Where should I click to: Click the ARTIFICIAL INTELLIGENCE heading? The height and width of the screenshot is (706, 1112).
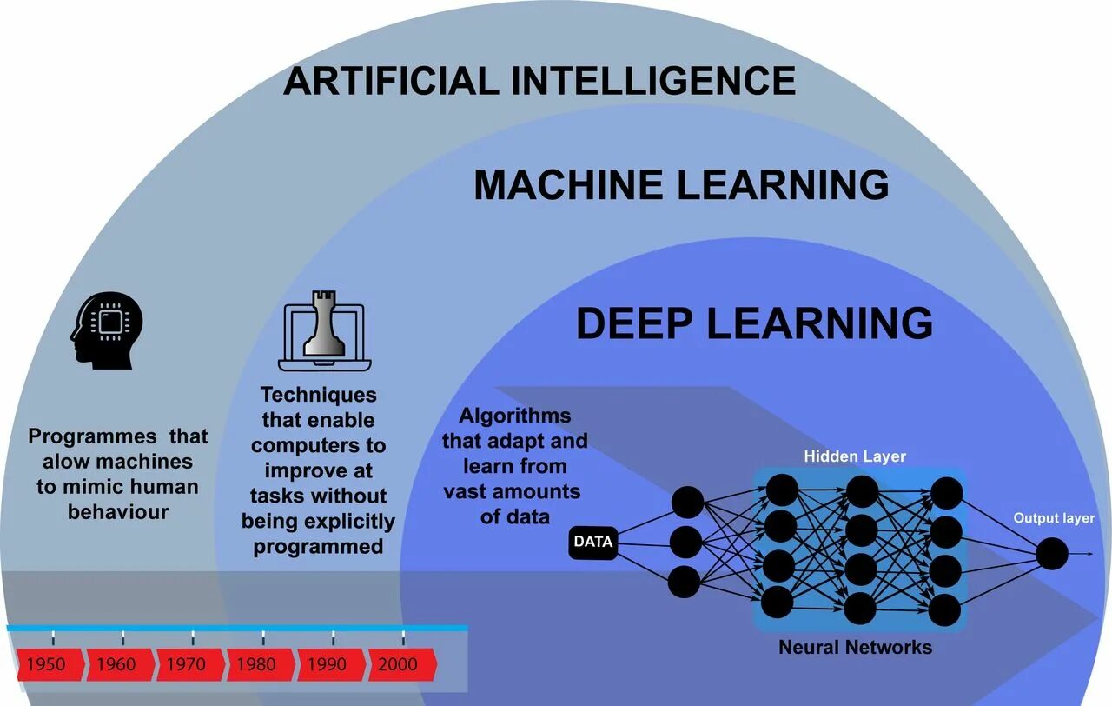[x=539, y=81]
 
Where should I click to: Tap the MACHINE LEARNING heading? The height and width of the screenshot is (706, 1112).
[x=681, y=185]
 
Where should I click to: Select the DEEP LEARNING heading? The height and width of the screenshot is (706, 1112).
[x=754, y=323]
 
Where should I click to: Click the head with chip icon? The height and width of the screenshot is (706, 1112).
[x=106, y=330]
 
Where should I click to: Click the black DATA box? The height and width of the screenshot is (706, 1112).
[x=593, y=542]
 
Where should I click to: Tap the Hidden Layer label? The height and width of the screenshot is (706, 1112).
[x=855, y=456]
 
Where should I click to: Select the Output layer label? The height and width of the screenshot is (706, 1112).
[x=1054, y=518]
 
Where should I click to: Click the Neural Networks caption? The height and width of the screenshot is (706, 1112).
[x=855, y=647]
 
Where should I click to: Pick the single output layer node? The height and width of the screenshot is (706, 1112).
[x=1051, y=554]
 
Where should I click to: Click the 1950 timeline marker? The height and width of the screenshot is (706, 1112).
[x=47, y=664]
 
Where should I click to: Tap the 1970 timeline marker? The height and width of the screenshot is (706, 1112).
[x=187, y=664]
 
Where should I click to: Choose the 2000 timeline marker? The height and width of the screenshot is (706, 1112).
[x=398, y=664]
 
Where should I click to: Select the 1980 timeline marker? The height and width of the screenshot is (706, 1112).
[x=257, y=664]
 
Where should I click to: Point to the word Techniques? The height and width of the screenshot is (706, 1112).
[x=319, y=395]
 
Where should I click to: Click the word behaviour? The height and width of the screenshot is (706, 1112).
[x=118, y=511]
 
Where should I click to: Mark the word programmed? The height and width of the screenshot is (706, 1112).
[x=318, y=546]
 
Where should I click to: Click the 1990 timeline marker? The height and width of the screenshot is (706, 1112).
[x=328, y=664]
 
